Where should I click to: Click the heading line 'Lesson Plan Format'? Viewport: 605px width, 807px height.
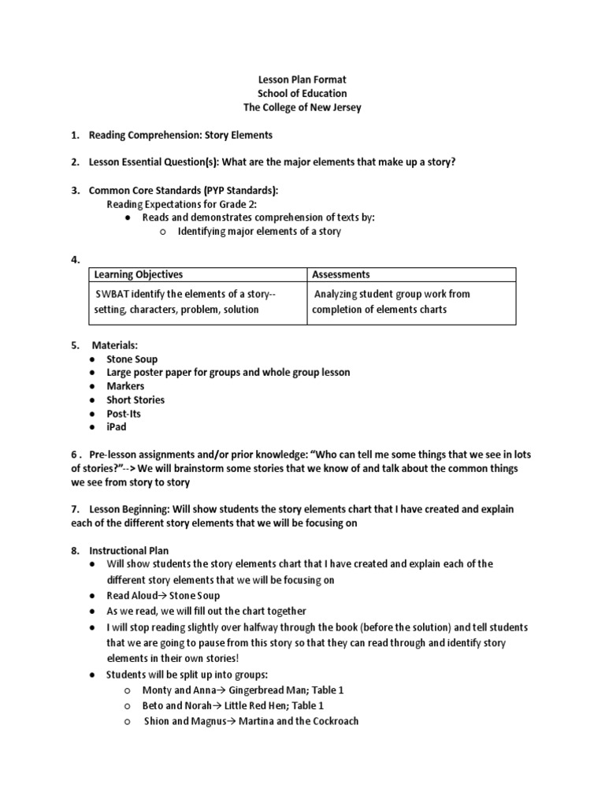tap(302, 80)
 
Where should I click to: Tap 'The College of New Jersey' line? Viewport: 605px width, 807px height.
tap(302, 107)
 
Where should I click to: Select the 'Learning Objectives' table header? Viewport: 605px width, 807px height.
tap(138, 274)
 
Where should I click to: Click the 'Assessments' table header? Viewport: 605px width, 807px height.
tap(340, 274)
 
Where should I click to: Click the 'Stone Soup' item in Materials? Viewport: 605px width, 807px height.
tap(132, 359)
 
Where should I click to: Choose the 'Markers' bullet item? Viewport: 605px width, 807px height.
tap(125, 386)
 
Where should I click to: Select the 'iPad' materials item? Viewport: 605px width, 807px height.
tap(117, 427)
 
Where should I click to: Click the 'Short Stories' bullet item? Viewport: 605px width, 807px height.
tap(135, 400)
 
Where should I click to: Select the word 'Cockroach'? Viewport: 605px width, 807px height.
tap(331, 721)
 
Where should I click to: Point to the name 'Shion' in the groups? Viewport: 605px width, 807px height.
tap(157, 721)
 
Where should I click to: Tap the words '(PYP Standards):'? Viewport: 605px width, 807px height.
tap(235, 190)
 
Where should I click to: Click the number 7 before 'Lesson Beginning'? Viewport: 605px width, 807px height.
tap(73, 509)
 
